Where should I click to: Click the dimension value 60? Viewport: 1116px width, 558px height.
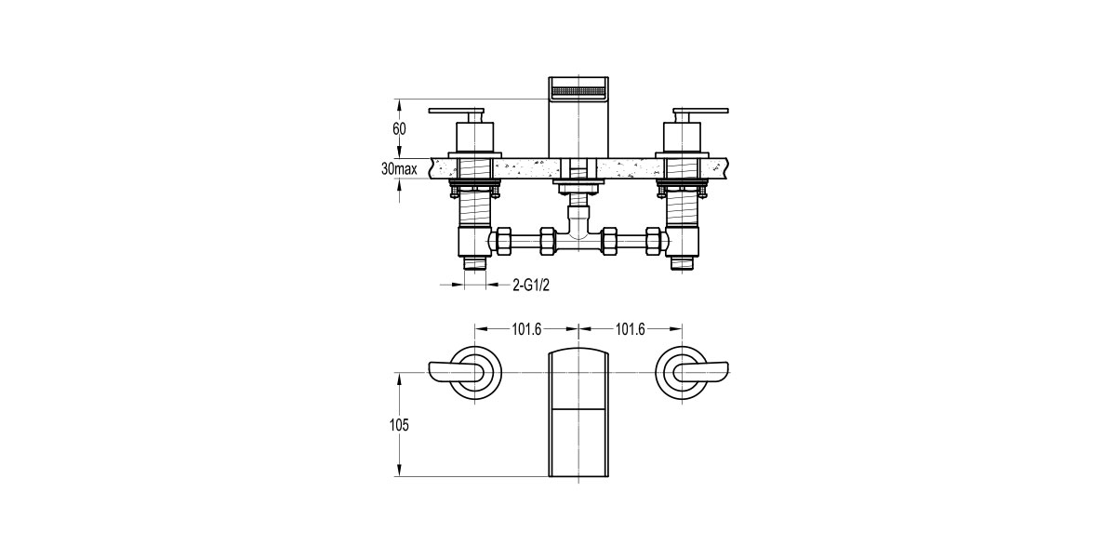(x=399, y=129)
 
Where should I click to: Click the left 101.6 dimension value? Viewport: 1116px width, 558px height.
(x=526, y=328)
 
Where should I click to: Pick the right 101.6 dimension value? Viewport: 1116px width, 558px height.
(x=630, y=328)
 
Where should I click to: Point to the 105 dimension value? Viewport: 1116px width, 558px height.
(x=399, y=425)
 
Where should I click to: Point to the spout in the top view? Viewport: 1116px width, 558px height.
(x=578, y=414)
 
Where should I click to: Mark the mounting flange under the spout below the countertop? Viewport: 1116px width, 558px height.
(x=578, y=187)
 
